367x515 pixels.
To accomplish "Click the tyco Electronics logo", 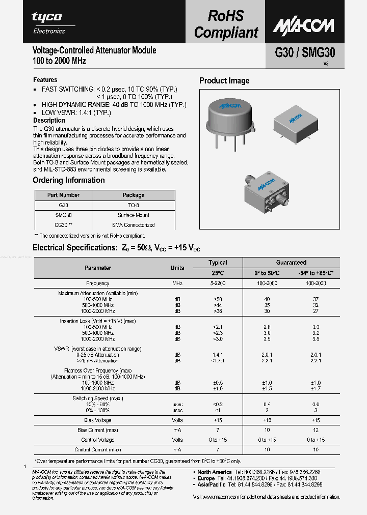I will tap(47, 23).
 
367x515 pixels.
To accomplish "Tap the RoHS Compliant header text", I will tap(226, 24).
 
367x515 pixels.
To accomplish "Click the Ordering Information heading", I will tap(69, 180).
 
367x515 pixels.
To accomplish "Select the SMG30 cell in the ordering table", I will tap(63, 215).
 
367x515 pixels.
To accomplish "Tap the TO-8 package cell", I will tap(133, 205).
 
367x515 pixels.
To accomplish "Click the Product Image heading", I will tap(224, 81).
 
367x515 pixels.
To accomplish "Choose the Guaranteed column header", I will tap(291, 263).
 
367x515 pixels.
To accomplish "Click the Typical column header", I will tap(218, 263).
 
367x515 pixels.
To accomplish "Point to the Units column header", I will tap(177, 268).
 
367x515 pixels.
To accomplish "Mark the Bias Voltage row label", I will tap(98, 420).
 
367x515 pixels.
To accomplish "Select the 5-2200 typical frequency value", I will tap(218, 283).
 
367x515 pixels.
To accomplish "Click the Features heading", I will tap(45, 80).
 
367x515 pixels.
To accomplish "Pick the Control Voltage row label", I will tap(98, 440).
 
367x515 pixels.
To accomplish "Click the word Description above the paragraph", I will tap(49, 121).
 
